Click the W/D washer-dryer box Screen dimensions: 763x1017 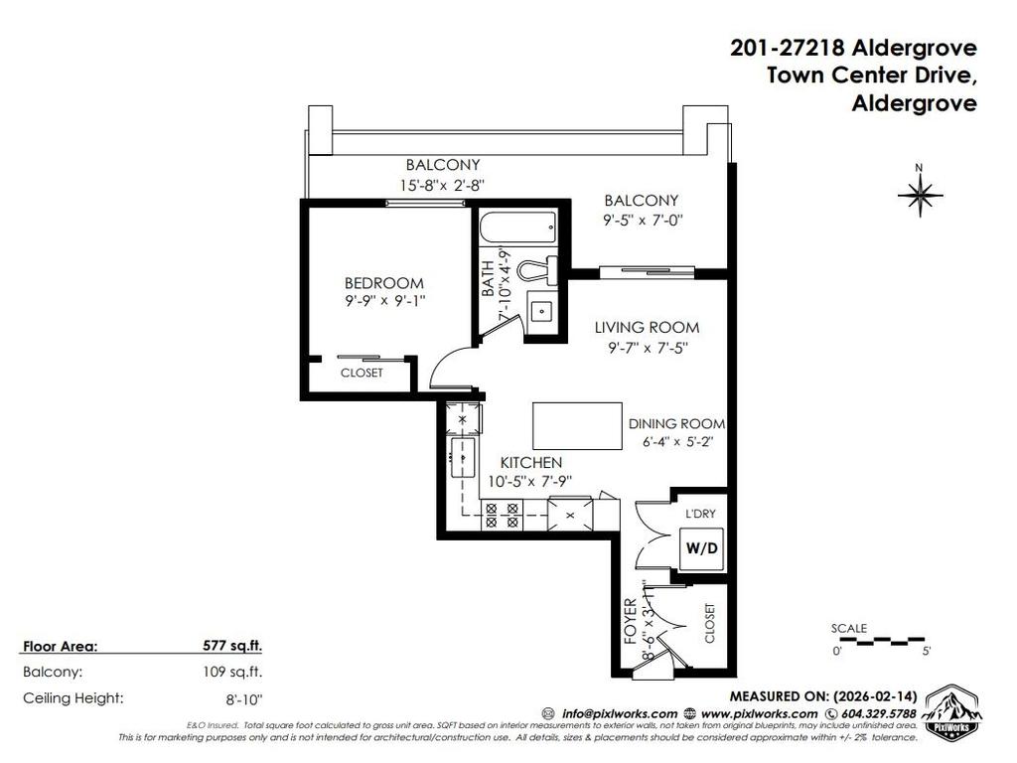[700, 547]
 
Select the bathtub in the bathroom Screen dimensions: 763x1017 [516, 229]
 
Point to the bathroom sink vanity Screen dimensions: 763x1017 [540, 311]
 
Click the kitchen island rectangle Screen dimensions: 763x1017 [573, 425]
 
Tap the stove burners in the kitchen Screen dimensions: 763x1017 [502, 513]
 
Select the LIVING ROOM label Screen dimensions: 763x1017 [647, 327]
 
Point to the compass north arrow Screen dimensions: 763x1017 [920, 194]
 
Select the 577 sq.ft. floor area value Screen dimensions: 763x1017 [232, 646]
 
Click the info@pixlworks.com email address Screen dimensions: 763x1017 [621, 713]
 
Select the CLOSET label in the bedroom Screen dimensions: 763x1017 [362, 374]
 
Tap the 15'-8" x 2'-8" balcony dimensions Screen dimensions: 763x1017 [442, 184]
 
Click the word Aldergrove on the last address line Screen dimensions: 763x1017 [914, 102]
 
